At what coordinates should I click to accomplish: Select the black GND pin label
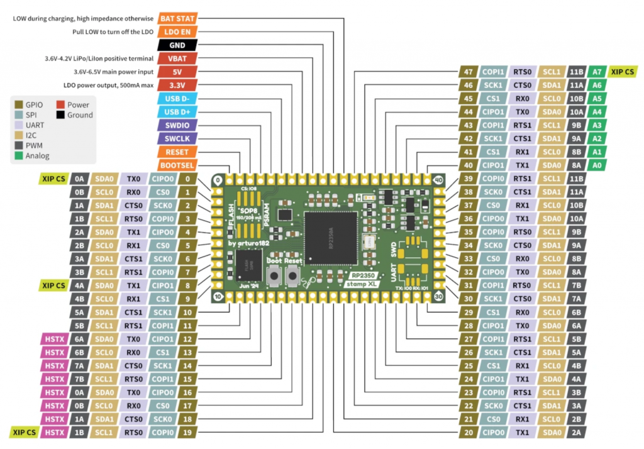point(177,45)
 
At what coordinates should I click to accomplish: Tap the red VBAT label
point(177,58)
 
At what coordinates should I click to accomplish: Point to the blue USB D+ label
point(177,112)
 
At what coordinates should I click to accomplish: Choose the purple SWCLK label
point(177,138)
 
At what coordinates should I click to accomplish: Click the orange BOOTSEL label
point(177,165)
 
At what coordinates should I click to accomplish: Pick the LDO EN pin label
point(177,31)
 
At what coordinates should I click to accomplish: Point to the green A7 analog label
point(597,72)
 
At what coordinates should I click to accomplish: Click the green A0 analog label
point(597,165)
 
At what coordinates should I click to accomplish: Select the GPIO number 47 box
point(467,72)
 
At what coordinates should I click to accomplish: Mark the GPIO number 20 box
point(467,432)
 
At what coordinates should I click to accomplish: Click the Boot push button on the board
point(274,275)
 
